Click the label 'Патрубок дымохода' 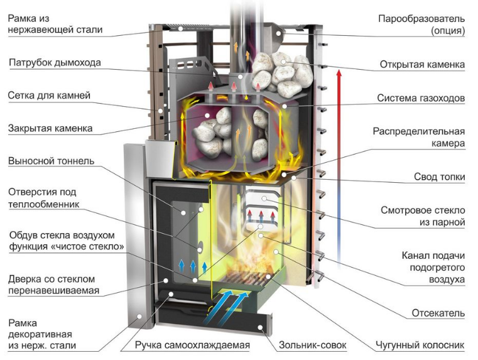(x=55, y=63)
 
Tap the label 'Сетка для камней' (x=50, y=95)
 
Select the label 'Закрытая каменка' (x=50, y=128)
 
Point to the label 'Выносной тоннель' (x=52, y=161)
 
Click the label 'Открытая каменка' (x=422, y=65)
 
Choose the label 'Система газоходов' (x=421, y=98)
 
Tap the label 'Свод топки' (x=439, y=177)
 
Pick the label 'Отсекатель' (x=438, y=313)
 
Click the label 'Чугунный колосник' (x=420, y=345)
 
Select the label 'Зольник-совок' (x=312, y=345)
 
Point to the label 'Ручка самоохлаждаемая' (x=192, y=345)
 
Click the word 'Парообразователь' (x=421, y=19)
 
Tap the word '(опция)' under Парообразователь (x=448, y=31)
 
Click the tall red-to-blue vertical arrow (x=339, y=169)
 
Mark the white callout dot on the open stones (x=283, y=62)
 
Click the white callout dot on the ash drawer (x=260, y=328)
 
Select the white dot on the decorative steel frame (x=139, y=317)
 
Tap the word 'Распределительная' (x=419, y=132)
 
